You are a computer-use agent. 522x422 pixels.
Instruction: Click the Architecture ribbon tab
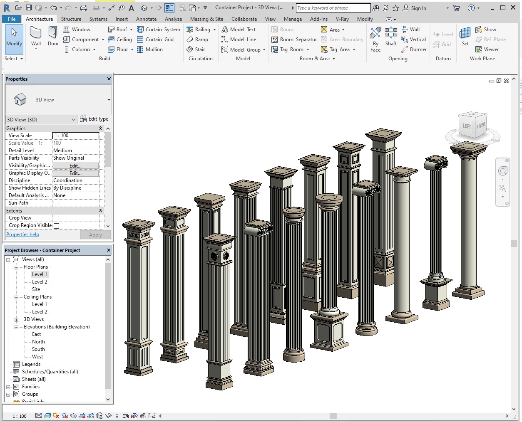(39, 19)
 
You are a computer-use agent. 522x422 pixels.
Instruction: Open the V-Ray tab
(342, 19)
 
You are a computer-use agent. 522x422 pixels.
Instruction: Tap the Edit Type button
(94, 119)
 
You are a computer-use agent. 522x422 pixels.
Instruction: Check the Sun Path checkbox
(57, 203)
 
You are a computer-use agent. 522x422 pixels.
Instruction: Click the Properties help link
(23, 234)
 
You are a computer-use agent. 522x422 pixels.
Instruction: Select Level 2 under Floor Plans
(40, 282)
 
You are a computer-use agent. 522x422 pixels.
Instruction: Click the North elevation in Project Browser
(38, 342)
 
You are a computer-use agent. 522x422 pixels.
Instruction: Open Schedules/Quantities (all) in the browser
(50, 372)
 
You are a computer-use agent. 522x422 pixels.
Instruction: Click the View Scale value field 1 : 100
(76, 136)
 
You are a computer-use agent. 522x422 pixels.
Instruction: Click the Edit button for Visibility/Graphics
(75, 165)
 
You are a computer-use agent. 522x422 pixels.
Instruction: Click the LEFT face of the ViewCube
(467, 126)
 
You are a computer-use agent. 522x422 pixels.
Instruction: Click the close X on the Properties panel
(109, 79)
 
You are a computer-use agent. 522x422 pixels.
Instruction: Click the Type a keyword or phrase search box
(333, 8)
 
